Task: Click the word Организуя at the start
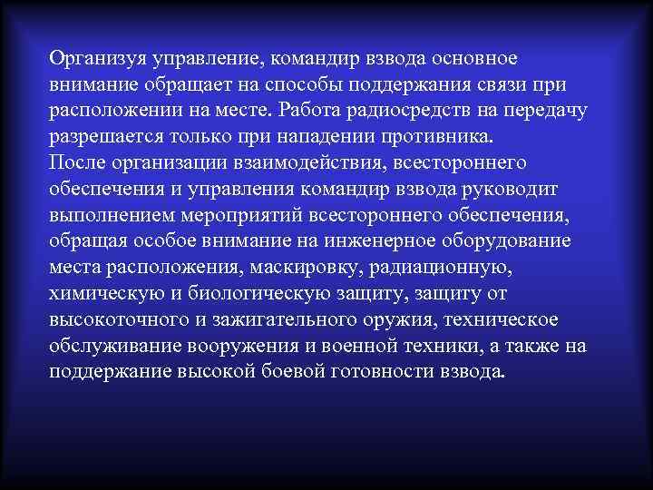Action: (x=100, y=59)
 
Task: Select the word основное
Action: (x=471, y=59)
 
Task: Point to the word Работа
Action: (x=310, y=111)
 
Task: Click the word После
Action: (x=79, y=163)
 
